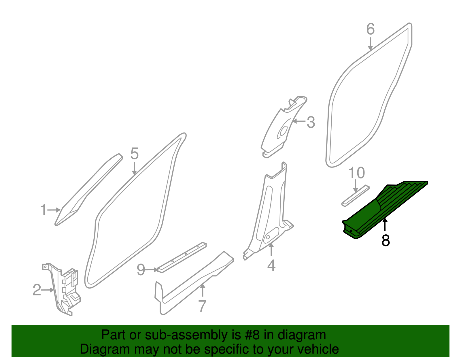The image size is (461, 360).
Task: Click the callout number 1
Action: click(44, 210)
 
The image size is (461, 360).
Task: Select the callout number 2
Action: click(37, 290)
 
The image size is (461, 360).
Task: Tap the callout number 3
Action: click(311, 122)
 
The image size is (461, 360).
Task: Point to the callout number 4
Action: click(271, 265)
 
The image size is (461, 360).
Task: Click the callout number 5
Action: click(134, 154)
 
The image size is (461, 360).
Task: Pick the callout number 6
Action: click(371, 29)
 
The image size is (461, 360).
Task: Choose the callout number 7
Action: click(203, 306)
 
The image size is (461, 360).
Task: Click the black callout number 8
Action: click(386, 240)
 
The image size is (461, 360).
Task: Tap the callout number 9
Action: click(141, 270)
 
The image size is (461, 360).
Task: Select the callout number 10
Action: click(357, 173)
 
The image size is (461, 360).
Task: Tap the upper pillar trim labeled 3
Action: click(279, 127)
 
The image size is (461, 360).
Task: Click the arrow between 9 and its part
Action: click(152, 270)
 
